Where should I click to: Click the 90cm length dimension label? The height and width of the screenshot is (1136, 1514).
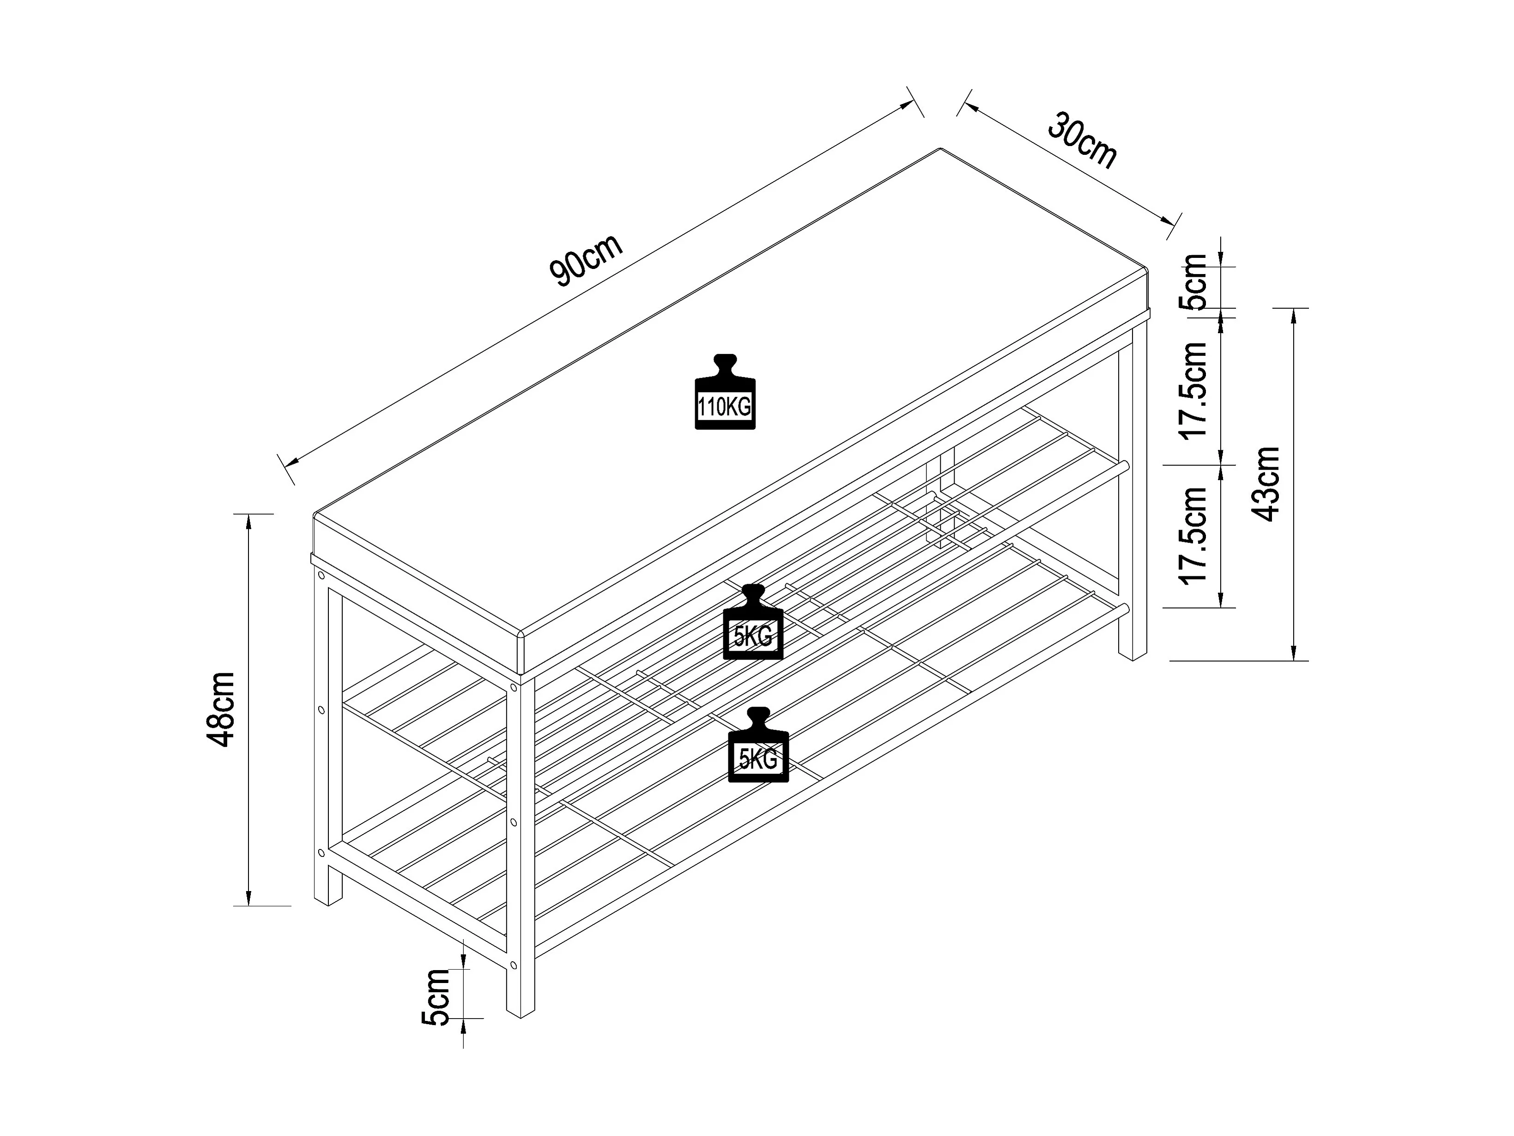586,260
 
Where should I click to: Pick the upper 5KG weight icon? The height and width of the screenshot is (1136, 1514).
753,623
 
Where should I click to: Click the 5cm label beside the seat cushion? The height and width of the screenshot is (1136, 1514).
1196,281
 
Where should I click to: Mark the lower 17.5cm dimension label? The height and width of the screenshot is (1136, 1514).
1194,536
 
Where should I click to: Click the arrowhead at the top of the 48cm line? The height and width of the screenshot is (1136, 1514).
249,522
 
